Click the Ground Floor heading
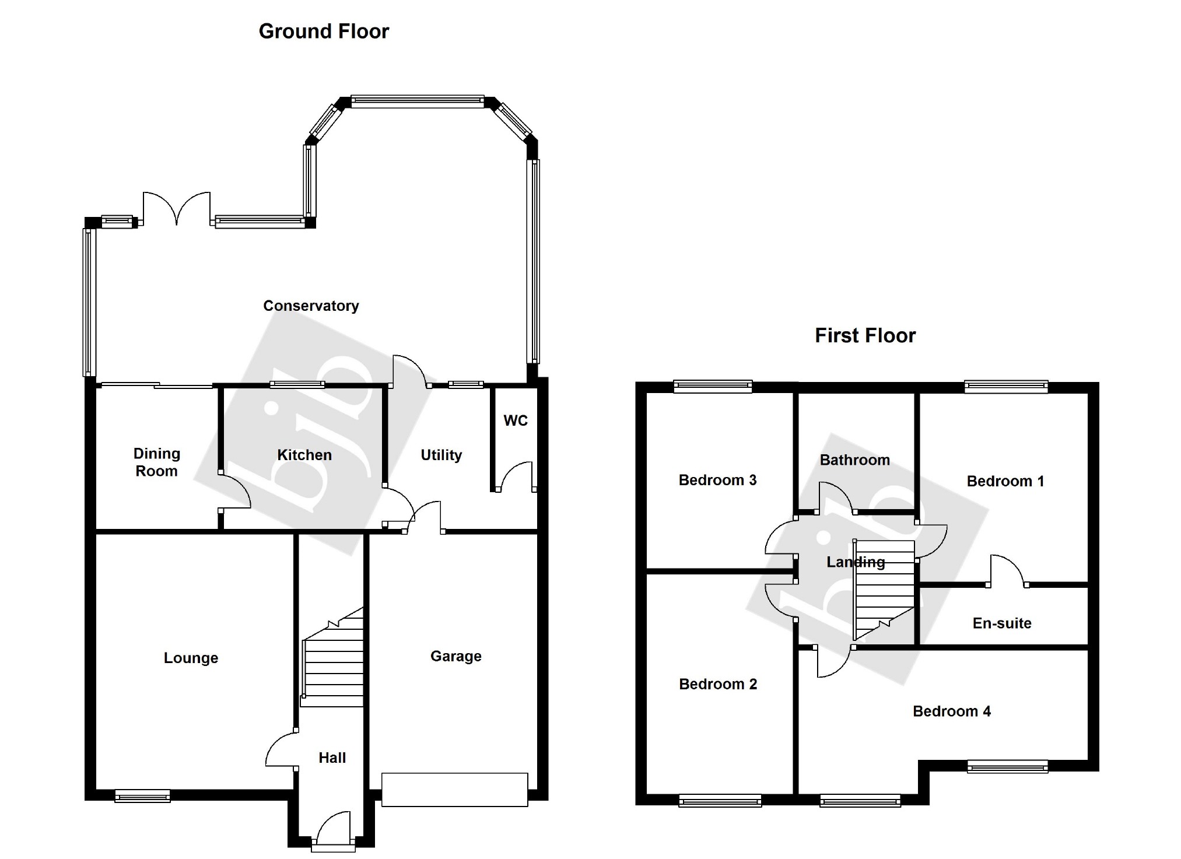[x=324, y=31]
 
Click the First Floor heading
[x=865, y=336]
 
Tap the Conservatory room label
[x=311, y=306]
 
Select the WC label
[x=516, y=420]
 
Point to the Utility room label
[x=441, y=455]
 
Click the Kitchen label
[x=304, y=455]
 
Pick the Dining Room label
[x=156, y=462]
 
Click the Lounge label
[x=191, y=658]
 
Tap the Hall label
[x=332, y=758]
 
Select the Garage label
[x=455, y=656]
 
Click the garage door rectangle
[x=454, y=790]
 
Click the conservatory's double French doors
[x=176, y=208]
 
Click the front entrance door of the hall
[x=333, y=828]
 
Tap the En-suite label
[x=1002, y=623]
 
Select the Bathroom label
[x=854, y=460]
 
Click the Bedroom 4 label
[x=951, y=711]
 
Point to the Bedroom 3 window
[x=713, y=385]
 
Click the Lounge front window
[x=142, y=795]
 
